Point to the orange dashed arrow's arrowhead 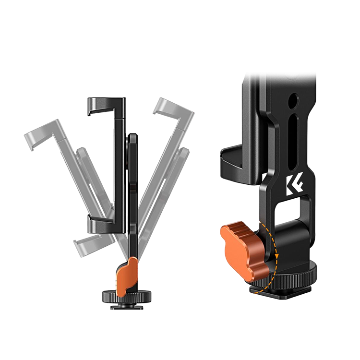tap(277, 255)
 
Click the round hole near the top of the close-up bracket tap(294, 100)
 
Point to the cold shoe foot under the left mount tap(123, 307)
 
